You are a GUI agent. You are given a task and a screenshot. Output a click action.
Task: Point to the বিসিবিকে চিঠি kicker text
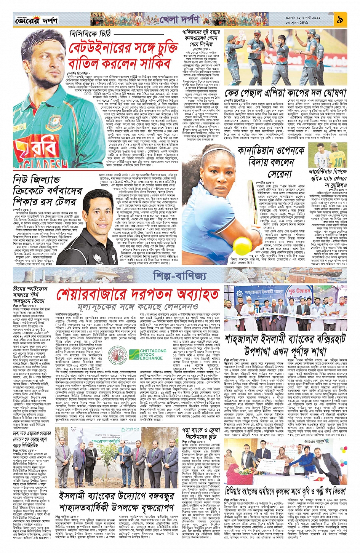pos(90,34)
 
